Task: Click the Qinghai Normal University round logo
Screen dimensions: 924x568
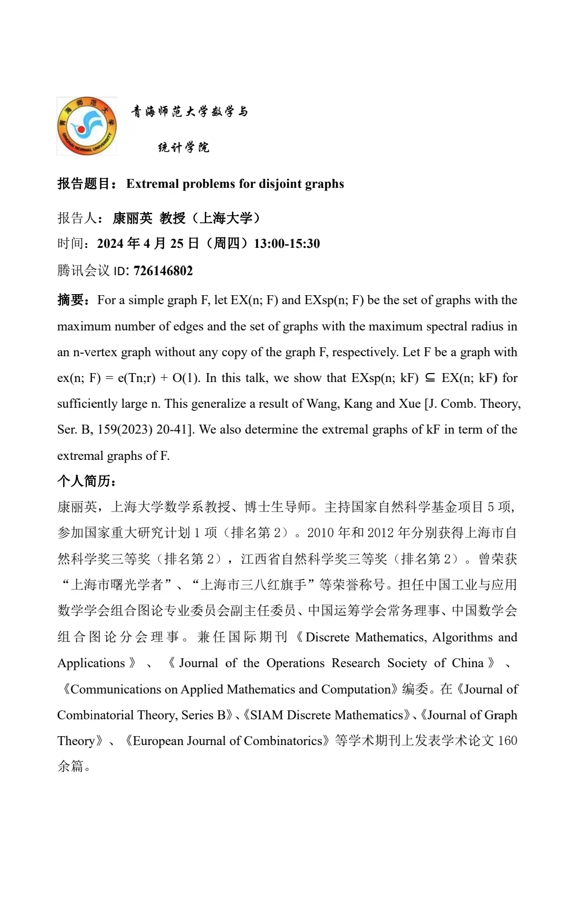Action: click(87, 126)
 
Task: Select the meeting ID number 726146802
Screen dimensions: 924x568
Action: click(163, 271)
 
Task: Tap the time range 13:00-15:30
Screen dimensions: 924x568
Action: click(287, 244)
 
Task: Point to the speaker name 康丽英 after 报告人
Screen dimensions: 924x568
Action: click(133, 218)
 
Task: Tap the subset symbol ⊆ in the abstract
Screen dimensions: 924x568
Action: click(430, 378)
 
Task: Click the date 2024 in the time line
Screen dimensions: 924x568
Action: click(110, 244)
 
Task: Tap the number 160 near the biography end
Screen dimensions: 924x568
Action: click(507, 741)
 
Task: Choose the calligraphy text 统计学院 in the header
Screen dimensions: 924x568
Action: click(184, 147)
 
